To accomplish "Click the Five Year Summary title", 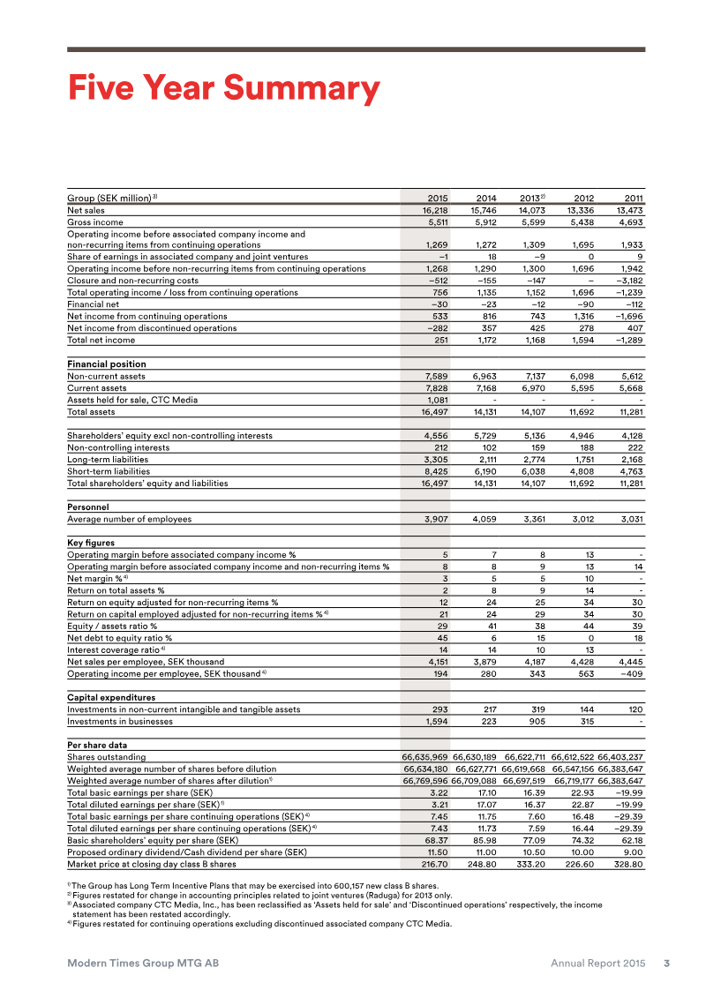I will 223,88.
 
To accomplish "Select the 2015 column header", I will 437,197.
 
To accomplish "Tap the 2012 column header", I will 583,197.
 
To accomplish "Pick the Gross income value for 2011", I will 627,222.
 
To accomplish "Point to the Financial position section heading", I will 107,364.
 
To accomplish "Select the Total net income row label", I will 101,340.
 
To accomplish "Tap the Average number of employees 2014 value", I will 484,519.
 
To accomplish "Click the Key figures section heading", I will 91,543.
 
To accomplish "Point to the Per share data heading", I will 97,745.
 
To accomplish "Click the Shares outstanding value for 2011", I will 620,757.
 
